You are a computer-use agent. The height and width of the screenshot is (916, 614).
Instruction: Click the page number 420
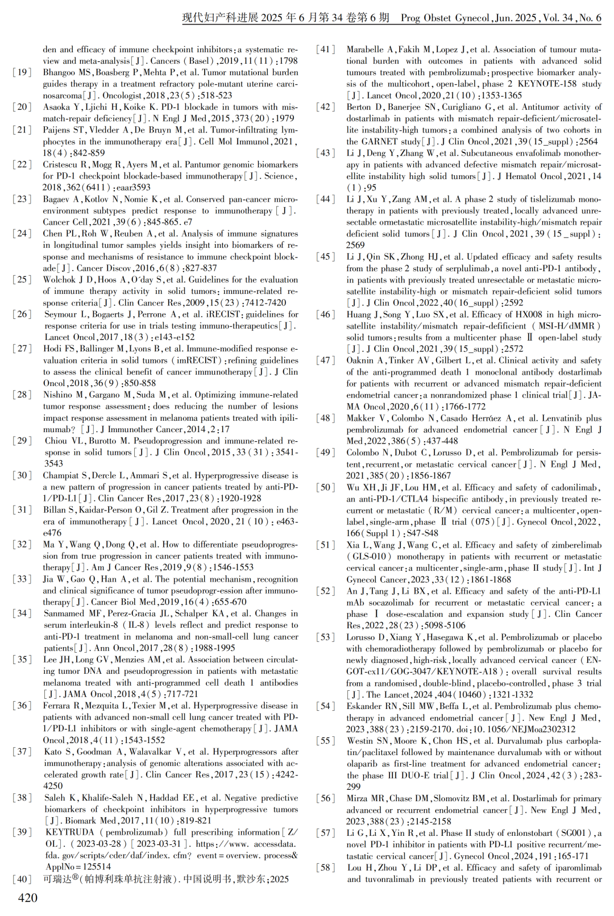(28, 898)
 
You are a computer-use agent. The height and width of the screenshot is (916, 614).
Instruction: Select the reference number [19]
(22, 73)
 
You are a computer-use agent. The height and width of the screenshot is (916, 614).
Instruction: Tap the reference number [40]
(22, 879)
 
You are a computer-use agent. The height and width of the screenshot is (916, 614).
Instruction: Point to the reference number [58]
(326, 868)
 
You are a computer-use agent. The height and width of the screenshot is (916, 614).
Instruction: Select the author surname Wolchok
(60, 280)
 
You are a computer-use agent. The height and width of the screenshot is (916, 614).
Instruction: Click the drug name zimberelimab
(573, 545)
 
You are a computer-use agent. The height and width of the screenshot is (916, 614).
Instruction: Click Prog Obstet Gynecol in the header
(445, 18)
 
